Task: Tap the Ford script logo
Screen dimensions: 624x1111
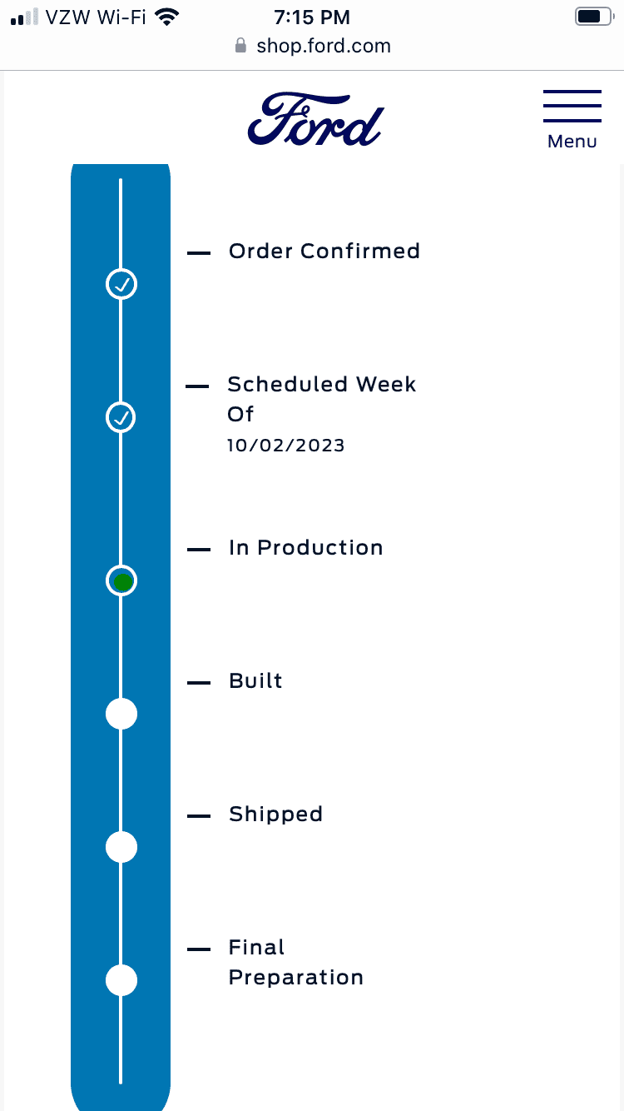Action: pyautogui.click(x=315, y=120)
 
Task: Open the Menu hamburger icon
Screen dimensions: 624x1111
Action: pyautogui.click(x=572, y=106)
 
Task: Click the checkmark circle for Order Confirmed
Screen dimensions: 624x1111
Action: pyautogui.click(x=121, y=284)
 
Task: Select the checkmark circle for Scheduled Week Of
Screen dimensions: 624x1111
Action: pyautogui.click(x=121, y=417)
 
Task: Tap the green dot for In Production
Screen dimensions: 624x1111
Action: pyautogui.click(x=122, y=581)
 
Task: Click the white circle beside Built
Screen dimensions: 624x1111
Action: pyautogui.click(x=121, y=714)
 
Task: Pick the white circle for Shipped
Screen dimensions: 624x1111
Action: pyautogui.click(x=121, y=847)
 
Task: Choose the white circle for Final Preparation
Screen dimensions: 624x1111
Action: pyautogui.click(x=121, y=980)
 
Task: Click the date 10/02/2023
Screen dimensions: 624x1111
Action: pyautogui.click(x=285, y=446)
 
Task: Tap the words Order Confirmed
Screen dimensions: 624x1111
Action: pyautogui.click(x=324, y=251)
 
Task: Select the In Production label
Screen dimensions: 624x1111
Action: pyautogui.click(x=306, y=548)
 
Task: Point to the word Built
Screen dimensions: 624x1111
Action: pyautogui.click(x=255, y=680)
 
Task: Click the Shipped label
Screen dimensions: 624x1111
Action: pyautogui.click(x=275, y=815)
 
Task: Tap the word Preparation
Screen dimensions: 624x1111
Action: pyautogui.click(x=296, y=978)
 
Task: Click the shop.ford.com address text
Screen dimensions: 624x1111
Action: pyautogui.click(x=324, y=46)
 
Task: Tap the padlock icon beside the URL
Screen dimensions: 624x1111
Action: pyautogui.click(x=240, y=45)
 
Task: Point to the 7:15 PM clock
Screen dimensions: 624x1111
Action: pyautogui.click(x=312, y=17)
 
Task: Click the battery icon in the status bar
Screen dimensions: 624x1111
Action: pyautogui.click(x=594, y=17)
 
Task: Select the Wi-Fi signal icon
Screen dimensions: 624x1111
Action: pyautogui.click(x=166, y=17)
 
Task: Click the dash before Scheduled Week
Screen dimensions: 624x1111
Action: pyautogui.click(x=197, y=386)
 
